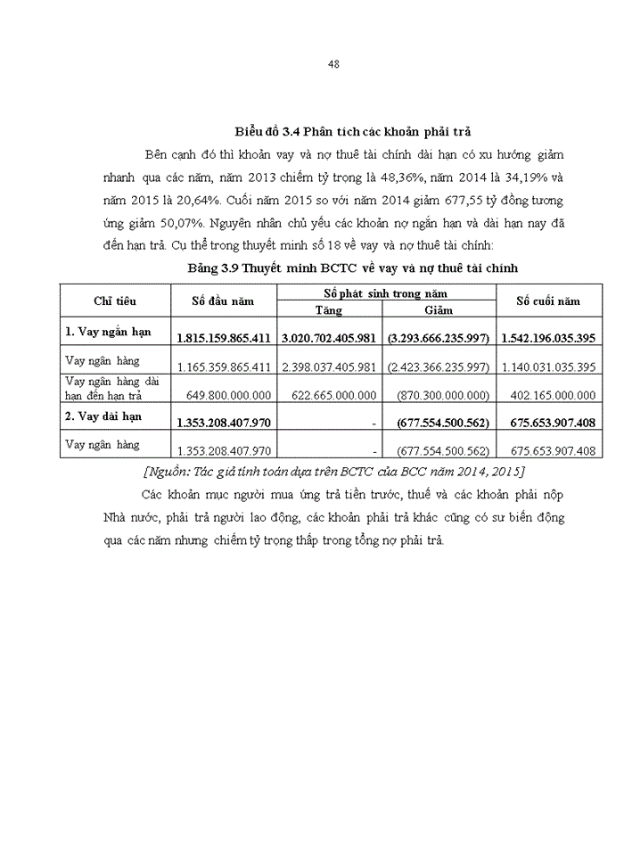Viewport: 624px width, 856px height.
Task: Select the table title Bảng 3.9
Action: (353, 267)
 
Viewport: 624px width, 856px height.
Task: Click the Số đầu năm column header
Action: (223, 300)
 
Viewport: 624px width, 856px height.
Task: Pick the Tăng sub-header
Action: (329, 309)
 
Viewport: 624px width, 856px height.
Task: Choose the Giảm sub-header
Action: (439, 309)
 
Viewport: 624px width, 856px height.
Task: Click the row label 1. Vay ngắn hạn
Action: (108, 332)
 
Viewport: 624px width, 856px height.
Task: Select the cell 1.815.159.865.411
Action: (224, 339)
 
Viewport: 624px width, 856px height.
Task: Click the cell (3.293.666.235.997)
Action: (439, 339)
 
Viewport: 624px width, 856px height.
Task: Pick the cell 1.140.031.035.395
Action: (548, 366)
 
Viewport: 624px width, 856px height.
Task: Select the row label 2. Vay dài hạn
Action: (104, 416)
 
